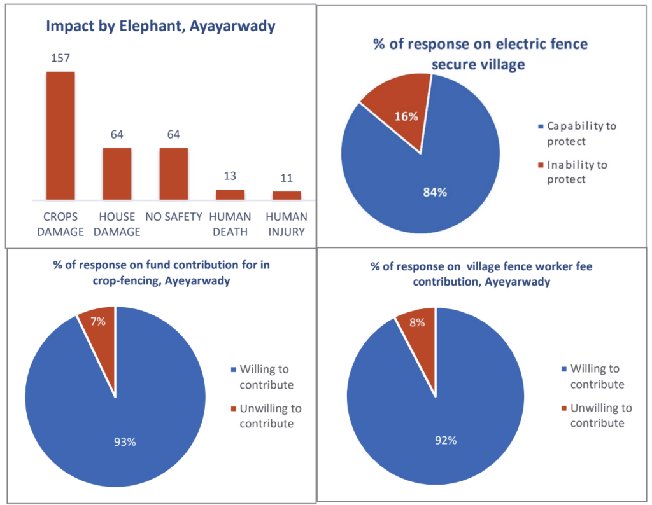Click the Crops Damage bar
click(x=60, y=136)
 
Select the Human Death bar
click(x=230, y=195)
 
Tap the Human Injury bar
click(x=287, y=196)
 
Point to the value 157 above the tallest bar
click(x=60, y=58)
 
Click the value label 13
click(x=230, y=176)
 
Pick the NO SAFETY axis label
click(x=173, y=217)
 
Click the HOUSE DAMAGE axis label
click(x=117, y=225)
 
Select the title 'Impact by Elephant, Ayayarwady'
click(x=160, y=26)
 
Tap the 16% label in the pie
click(x=406, y=116)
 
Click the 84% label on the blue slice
click(x=435, y=192)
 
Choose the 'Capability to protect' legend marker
click(x=541, y=126)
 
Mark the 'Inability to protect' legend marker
click(x=541, y=165)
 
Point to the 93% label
click(x=125, y=442)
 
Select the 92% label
click(x=446, y=440)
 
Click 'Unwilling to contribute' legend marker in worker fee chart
click(x=564, y=408)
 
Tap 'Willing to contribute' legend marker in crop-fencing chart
click(x=233, y=370)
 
